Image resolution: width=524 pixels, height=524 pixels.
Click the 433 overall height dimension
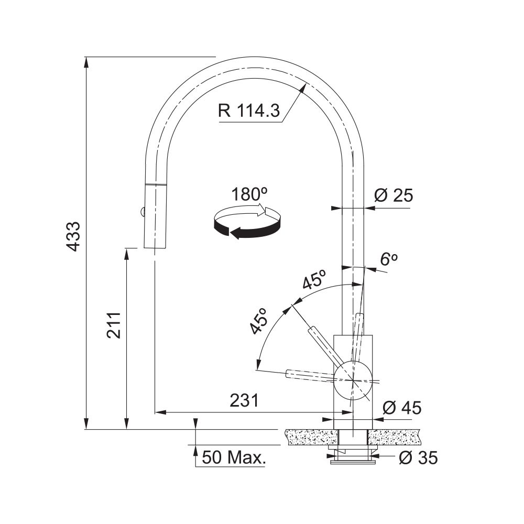click(73, 236)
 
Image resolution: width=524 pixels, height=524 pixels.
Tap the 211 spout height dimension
click(114, 325)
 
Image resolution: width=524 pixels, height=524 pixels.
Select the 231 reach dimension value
click(244, 400)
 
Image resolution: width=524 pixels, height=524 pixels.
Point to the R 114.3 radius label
click(249, 110)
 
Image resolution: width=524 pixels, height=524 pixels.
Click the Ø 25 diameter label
click(394, 195)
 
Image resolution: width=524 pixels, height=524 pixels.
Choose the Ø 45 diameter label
click(402, 408)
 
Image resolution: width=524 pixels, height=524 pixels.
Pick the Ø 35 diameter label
click(418, 457)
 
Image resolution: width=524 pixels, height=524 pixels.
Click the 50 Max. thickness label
click(234, 457)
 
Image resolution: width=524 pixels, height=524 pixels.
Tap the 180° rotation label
click(249, 194)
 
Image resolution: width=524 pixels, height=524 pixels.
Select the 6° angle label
click(389, 259)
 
